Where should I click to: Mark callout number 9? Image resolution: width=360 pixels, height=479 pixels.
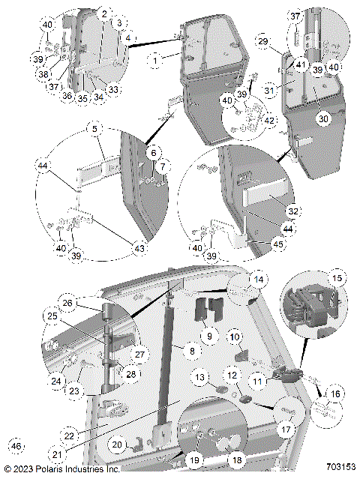coord(211,337)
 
